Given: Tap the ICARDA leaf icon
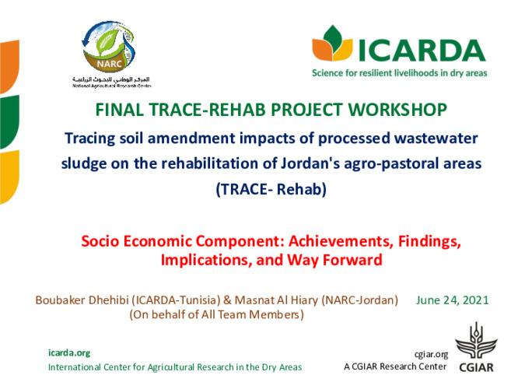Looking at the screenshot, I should click(x=332, y=46).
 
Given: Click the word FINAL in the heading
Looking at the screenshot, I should click(x=118, y=110).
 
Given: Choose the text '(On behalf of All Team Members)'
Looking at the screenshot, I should click(x=215, y=315).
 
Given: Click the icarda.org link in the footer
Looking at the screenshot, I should click(x=69, y=352).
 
